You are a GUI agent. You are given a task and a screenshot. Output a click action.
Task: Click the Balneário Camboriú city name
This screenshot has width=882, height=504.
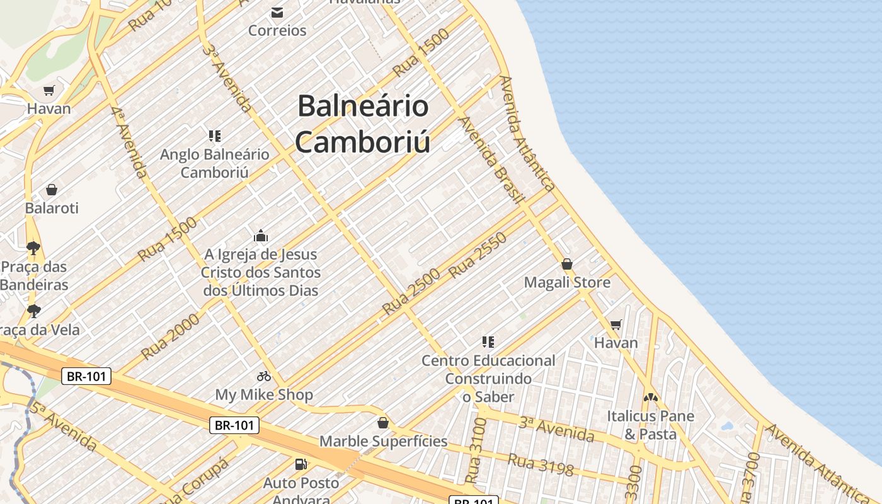pyautogui.click(x=363, y=123)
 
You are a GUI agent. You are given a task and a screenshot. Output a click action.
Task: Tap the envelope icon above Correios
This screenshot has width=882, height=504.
pyautogui.click(x=277, y=13)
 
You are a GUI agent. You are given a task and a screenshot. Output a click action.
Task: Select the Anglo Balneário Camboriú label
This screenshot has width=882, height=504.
pyautogui.click(x=214, y=163)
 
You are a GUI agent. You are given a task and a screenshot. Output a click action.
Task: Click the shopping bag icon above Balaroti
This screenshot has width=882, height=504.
pyautogui.click(x=52, y=190)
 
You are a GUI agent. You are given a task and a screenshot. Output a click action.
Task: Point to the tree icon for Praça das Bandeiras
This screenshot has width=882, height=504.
pyautogui.click(x=33, y=248)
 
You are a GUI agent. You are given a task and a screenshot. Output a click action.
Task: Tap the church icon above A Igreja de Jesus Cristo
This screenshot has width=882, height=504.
pyautogui.click(x=261, y=236)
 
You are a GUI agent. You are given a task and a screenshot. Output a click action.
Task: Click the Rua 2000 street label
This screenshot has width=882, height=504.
pyautogui.click(x=170, y=336)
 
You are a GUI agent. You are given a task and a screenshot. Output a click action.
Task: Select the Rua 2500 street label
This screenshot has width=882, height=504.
pyautogui.click(x=411, y=292)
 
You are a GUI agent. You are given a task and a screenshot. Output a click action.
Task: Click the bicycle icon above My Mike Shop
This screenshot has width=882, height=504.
pyautogui.click(x=264, y=377)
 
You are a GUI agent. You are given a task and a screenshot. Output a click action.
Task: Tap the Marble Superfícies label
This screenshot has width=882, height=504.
pyautogui.click(x=383, y=441)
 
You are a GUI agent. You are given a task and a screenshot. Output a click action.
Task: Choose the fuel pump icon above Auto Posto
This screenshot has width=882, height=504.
pyautogui.click(x=301, y=464)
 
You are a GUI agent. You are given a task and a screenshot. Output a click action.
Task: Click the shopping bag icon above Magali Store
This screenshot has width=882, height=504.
pyautogui.click(x=567, y=264)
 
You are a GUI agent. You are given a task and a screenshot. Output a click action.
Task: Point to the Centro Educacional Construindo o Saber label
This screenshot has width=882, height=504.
pyautogui.click(x=488, y=378)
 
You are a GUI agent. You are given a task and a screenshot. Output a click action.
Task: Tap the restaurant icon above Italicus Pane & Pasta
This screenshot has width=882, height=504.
pyautogui.click(x=650, y=398)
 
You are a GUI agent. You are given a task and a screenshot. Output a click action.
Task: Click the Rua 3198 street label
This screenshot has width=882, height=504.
pyautogui.click(x=541, y=464)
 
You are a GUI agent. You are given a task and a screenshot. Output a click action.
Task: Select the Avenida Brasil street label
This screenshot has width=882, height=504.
pyautogui.click(x=491, y=160)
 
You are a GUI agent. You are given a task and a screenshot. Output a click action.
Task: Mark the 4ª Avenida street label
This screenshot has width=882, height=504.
pyautogui.click(x=129, y=141)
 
